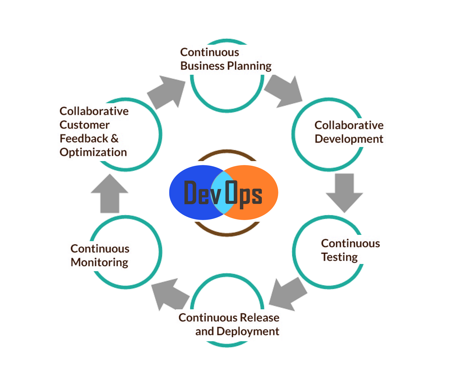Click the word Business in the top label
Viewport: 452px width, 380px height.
pos(202,66)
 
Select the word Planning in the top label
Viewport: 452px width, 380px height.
pos(249,66)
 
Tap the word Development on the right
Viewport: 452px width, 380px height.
pos(349,139)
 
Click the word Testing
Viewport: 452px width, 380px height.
pos(339,257)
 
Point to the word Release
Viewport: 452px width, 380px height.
pos(259,317)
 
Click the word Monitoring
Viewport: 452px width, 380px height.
pos(99,262)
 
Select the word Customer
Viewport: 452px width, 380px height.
pos(84,125)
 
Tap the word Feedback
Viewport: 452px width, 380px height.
pos(84,138)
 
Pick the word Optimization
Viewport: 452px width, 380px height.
pos(93,152)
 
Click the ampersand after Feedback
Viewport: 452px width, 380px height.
pos(114,138)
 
